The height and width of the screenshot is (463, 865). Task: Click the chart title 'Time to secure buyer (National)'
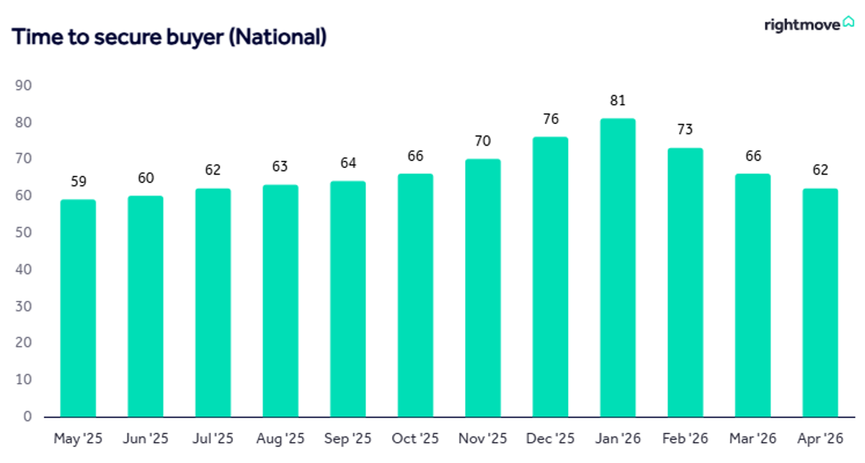(x=169, y=38)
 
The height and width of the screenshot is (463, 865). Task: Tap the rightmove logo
(x=809, y=25)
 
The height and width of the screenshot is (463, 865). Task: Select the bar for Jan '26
(x=618, y=268)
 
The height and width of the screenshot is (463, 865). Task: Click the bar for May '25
(x=78, y=309)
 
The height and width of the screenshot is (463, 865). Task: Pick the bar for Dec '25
(x=550, y=277)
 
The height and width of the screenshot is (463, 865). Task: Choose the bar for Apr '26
(x=820, y=303)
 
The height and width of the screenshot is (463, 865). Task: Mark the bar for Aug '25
(x=280, y=301)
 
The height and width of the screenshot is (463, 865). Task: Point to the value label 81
(x=618, y=100)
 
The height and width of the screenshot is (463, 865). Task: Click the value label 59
(x=79, y=181)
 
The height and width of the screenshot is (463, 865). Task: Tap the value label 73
(x=685, y=129)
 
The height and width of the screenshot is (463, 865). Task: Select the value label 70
(x=483, y=141)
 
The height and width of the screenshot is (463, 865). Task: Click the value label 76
(x=551, y=119)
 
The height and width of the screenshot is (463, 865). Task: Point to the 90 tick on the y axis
(x=23, y=85)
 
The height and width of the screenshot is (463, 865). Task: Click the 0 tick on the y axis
(x=27, y=416)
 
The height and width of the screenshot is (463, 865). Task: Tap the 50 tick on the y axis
(x=23, y=232)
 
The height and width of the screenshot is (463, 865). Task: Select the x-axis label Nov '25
(x=483, y=438)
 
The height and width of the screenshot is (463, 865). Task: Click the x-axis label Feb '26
(x=685, y=438)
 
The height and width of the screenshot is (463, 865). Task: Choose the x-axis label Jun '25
(x=146, y=438)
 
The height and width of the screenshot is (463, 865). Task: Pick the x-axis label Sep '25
(x=347, y=438)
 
